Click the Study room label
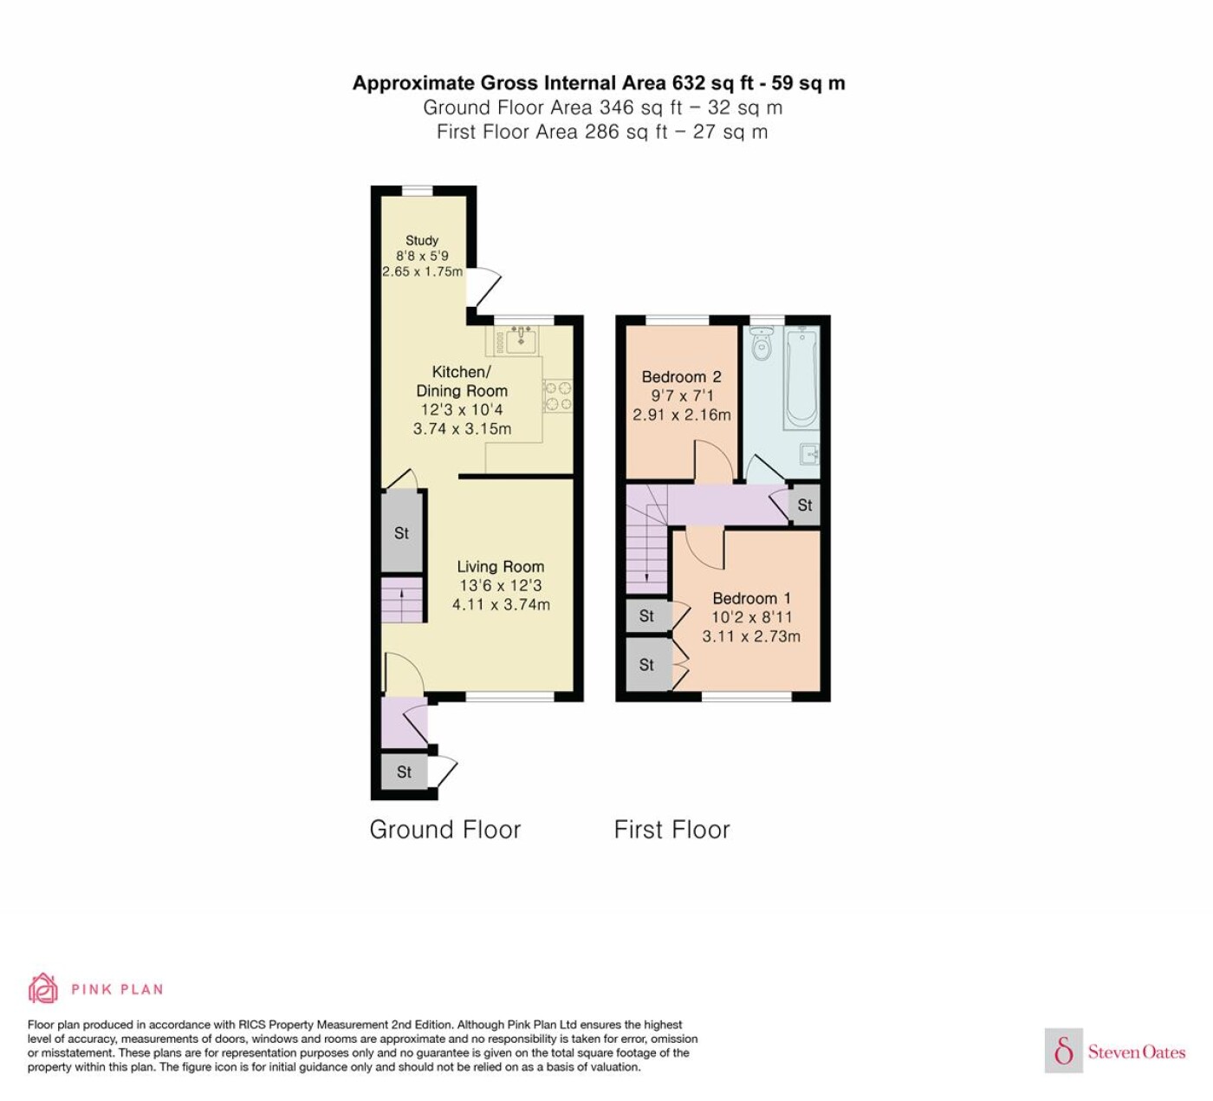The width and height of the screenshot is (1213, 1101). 421,240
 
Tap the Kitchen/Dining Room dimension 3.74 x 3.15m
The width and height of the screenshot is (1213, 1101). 462,428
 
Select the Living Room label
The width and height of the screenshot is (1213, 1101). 501,567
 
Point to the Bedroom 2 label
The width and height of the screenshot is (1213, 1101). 682,376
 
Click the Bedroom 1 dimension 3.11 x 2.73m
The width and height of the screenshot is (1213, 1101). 751,636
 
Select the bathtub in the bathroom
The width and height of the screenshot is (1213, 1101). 801,378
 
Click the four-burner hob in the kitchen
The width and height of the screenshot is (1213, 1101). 557,396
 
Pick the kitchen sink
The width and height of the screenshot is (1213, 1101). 520,340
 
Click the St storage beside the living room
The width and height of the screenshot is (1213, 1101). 401,532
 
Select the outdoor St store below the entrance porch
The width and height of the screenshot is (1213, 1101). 404,772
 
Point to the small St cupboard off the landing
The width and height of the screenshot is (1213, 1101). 805,505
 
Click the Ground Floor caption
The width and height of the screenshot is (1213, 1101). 445,830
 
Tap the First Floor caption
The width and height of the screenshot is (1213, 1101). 671,830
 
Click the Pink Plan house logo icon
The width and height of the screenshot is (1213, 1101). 43,988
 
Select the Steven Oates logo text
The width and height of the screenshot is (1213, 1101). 1137,1052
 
